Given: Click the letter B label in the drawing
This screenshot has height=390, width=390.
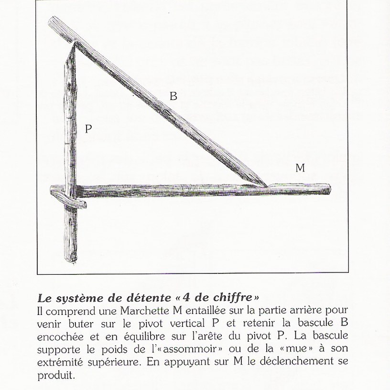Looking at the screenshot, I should (173, 96).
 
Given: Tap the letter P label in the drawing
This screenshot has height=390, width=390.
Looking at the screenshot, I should (88, 128).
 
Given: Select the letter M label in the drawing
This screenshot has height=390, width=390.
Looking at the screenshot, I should (300, 168).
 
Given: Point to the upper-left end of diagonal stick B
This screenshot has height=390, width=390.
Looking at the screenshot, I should (54, 22).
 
